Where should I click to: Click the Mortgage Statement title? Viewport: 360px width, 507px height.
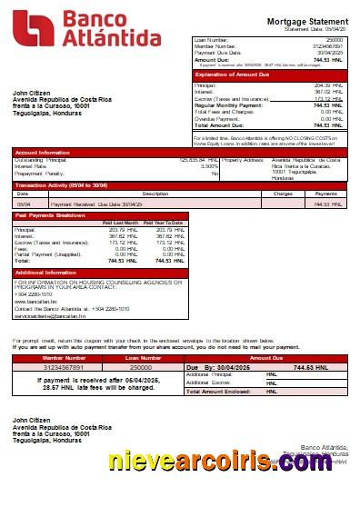pyautogui.click(x=308, y=21)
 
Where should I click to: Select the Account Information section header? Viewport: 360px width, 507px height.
pyautogui.click(x=43, y=152)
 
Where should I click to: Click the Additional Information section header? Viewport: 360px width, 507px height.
pyautogui.click(x=47, y=273)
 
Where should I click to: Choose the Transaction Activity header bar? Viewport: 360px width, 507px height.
pyautogui.click(x=62, y=185)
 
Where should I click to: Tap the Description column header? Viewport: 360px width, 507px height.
pyautogui.click(x=130, y=194)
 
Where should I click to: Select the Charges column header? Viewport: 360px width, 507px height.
pyautogui.click(x=283, y=194)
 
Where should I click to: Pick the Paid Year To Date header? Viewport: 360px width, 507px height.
pyautogui.click(x=165, y=223)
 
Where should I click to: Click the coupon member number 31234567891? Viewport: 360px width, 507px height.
pyautogui.click(x=65, y=367)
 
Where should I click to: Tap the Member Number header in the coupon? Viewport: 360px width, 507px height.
pyautogui.click(x=65, y=359)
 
